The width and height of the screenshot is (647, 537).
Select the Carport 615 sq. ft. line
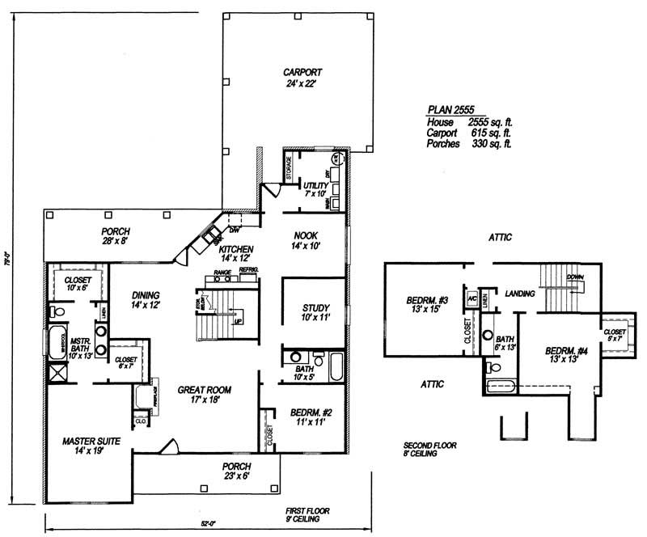[469, 133]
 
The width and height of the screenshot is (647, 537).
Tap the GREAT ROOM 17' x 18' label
[200, 394]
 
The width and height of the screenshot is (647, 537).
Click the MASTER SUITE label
[91, 446]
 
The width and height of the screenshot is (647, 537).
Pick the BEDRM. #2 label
[308, 417]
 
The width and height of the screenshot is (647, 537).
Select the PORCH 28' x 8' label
[116, 235]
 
